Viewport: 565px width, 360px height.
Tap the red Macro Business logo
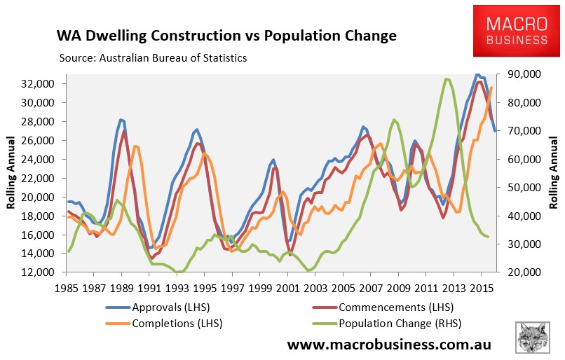pyautogui.click(x=519, y=31)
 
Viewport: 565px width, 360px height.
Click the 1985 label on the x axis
pyautogui.click(x=68, y=288)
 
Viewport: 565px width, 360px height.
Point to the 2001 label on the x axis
pyautogui.click(x=287, y=288)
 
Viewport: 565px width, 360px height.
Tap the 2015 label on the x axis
pyautogui.click(x=479, y=288)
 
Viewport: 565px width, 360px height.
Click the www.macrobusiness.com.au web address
pyautogui.click(x=389, y=345)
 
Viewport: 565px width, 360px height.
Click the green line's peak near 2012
pyautogui.click(x=447, y=79)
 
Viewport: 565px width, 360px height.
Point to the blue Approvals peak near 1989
pyautogui.click(x=121, y=120)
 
